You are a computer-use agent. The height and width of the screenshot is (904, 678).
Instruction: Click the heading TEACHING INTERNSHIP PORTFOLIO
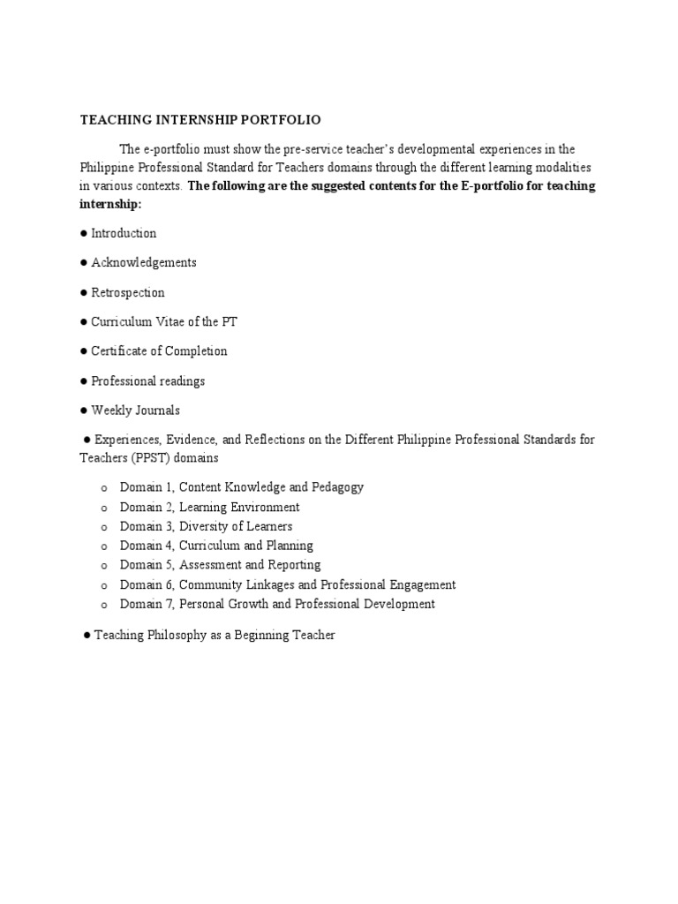point(200,119)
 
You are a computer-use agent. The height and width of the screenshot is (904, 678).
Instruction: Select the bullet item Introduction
point(124,233)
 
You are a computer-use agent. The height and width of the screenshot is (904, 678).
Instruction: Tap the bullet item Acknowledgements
point(143,262)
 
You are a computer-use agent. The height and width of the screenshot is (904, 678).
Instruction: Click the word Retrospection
point(127,292)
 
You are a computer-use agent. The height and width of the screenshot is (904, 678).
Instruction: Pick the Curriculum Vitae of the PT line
point(164,321)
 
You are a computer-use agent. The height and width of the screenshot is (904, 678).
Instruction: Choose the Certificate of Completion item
point(159,350)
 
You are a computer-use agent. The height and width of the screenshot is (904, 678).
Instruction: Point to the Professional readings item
point(147,380)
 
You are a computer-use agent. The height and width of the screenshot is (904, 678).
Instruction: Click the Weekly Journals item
point(135,410)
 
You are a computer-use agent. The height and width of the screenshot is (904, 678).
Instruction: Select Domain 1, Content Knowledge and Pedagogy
point(241,487)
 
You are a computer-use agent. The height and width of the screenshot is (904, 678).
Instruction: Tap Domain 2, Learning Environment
point(209,507)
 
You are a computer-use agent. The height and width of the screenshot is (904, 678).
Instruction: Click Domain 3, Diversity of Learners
point(206,526)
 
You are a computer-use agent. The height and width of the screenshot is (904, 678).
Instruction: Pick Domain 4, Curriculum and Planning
point(216,546)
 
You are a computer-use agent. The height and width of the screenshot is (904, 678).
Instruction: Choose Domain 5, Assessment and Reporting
point(220,565)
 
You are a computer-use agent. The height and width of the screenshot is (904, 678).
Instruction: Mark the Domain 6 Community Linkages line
point(288,584)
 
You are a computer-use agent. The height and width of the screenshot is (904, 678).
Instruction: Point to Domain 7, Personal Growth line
point(277,604)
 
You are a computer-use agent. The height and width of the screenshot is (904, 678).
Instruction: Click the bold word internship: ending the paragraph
point(110,204)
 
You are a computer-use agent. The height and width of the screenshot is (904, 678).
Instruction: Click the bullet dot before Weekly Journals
point(83,411)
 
